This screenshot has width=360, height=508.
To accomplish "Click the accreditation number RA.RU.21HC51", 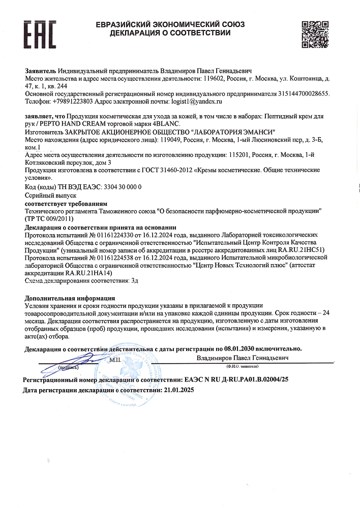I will pyautogui.click(x=309, y=250).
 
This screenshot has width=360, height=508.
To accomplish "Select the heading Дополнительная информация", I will pyautogui.click(x=70, y=298).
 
